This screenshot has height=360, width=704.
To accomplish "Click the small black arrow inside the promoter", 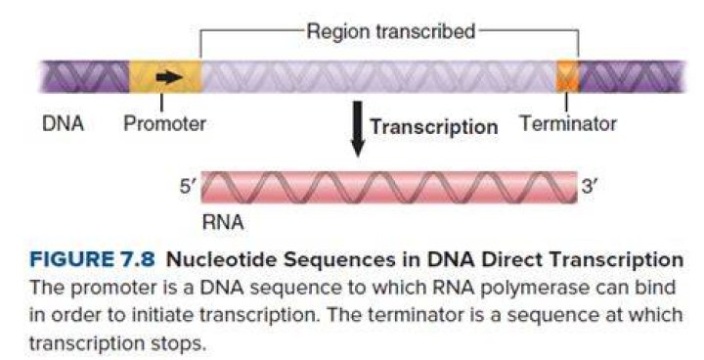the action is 169,77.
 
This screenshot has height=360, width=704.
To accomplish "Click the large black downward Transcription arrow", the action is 358,129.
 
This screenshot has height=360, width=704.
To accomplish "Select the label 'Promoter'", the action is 165,123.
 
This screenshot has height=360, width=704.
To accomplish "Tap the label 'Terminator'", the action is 568,123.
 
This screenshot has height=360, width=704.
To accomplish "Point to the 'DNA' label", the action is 63,123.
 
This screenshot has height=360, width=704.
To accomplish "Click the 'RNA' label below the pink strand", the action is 223,222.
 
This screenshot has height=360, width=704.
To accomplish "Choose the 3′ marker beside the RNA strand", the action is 590,185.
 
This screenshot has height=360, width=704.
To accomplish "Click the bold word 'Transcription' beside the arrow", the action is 434,127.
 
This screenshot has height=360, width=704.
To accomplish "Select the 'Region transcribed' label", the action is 390,32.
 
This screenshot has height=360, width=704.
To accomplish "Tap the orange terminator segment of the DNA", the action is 567,77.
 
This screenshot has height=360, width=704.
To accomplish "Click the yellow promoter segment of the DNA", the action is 165,77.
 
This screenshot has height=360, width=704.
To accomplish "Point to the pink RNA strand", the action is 389,188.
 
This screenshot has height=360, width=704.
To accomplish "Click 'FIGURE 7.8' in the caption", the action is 92,260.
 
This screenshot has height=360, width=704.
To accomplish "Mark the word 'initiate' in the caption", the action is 157,316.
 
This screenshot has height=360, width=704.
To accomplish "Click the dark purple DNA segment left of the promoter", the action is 85,77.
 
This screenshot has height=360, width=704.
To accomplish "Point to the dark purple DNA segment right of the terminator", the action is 633,77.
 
